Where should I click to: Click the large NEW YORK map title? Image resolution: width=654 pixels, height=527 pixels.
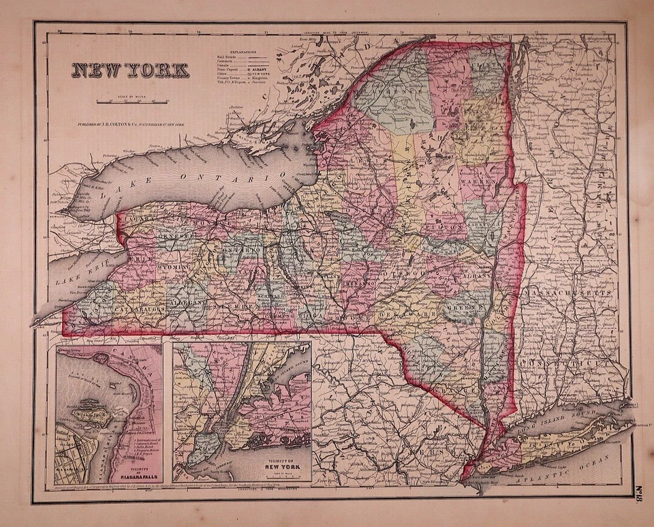coord(131,70)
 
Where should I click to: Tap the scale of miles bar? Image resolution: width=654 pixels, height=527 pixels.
coord(133,102)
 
